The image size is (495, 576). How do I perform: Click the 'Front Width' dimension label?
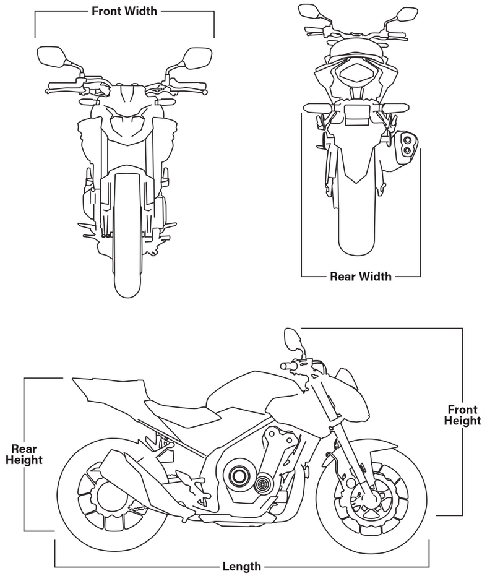click(124, 11)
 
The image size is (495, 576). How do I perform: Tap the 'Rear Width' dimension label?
click(361, 276)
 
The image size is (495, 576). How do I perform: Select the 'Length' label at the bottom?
click(241, 567)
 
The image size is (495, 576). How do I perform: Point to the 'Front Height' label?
click(462, 415)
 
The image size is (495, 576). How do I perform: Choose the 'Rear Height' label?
click(24, 454)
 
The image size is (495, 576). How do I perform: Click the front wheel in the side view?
click(371, 494)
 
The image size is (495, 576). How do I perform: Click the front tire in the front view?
click(127, 235)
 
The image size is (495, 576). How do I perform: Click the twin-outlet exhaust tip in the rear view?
click(407, 145)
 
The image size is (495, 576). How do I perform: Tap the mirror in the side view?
click(292, 340)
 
